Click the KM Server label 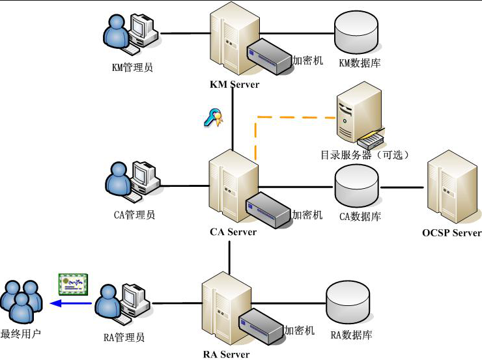(234, 84)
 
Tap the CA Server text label (233, 232)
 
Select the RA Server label (226, 355)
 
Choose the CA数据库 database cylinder (356, 186)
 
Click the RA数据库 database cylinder (348, 302)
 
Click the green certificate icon (74, 284)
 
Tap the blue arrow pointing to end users (71, 303)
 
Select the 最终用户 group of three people (21, 301)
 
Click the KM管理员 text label (132, 67)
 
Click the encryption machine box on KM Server (270, 56)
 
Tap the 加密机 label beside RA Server (299, 331)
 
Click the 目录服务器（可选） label (365, 155)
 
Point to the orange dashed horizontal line (296, 117)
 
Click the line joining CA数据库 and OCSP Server (402, 187)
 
